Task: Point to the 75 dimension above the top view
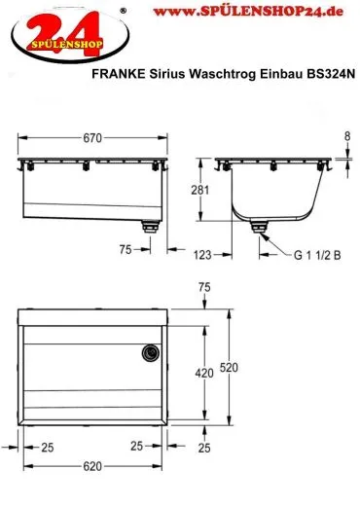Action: [203, 287]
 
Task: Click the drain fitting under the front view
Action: [150, 227]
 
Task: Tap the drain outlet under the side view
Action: [261, 228]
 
